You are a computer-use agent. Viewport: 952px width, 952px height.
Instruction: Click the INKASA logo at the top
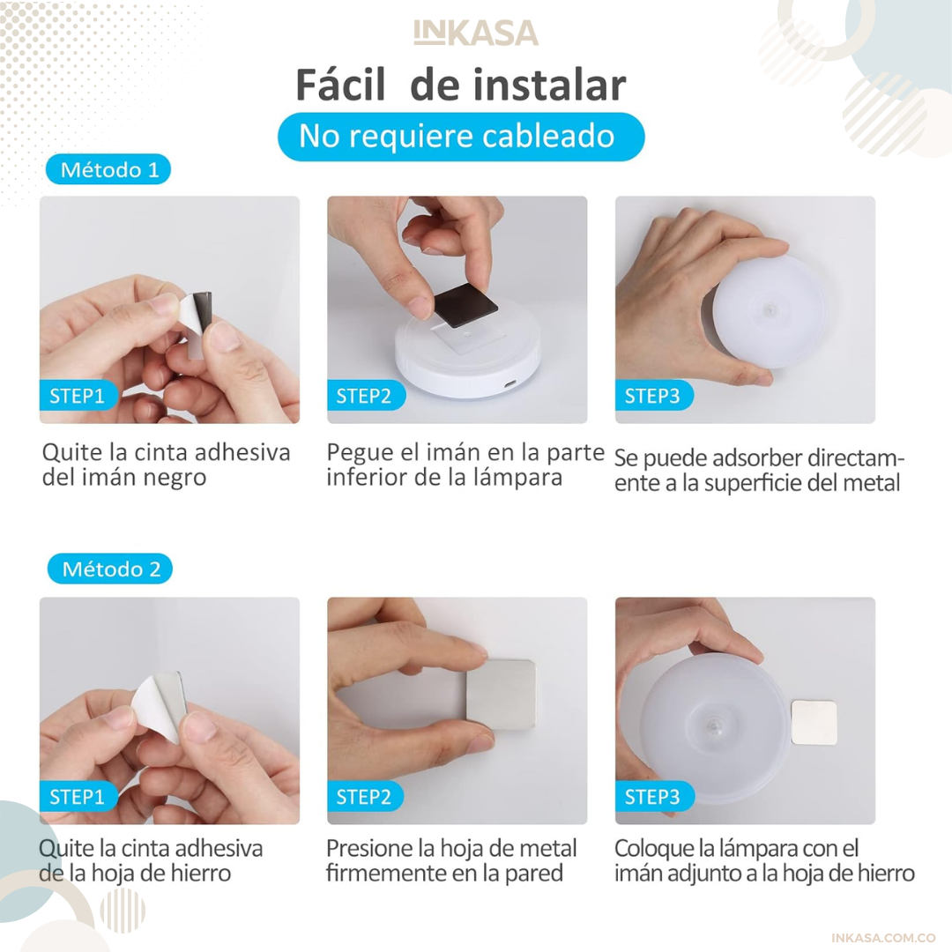[x=476, y=33]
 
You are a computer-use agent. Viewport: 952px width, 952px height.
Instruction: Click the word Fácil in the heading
[x=340, y=85]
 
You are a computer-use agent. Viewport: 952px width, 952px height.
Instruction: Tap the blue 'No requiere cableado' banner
[x=461, y=137]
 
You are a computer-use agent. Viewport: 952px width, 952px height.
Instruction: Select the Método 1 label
[x=108, y=169]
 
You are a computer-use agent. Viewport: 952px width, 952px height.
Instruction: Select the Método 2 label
[x=110, y=569]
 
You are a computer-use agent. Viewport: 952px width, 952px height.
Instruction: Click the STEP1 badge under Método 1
[x=78, y=396]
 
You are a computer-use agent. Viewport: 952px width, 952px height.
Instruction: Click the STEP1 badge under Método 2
[x=78, y=797]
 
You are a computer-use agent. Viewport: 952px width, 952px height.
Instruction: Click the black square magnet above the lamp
[x=465, y=306]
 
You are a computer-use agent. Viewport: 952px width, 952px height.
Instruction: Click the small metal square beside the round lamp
[x=814, y=723]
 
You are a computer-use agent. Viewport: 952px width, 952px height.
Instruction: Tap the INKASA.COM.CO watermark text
[x=882, y=938]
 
